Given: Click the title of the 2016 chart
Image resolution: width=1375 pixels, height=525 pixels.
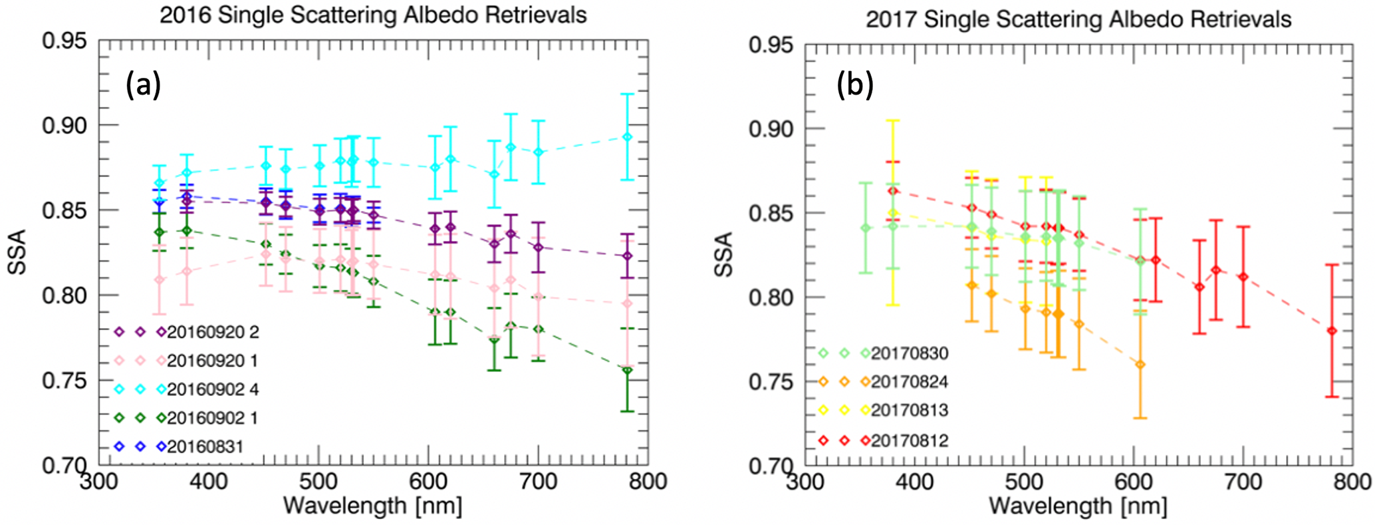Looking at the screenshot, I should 373,15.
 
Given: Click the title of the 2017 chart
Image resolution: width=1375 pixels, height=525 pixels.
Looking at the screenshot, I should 1078,19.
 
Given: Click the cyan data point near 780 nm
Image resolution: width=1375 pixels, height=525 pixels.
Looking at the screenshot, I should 627,136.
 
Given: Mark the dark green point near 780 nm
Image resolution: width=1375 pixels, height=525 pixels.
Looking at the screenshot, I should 627,371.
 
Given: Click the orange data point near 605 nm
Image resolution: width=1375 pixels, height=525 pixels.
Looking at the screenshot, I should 1140,365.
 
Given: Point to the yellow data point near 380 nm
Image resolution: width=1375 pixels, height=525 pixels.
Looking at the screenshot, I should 894,213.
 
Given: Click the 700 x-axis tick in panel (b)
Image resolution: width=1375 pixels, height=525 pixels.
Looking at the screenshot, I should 1243,482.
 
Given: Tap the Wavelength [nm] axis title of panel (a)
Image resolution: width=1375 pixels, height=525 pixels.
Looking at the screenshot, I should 372,506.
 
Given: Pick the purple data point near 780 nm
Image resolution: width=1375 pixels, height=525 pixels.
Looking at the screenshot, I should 627,256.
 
